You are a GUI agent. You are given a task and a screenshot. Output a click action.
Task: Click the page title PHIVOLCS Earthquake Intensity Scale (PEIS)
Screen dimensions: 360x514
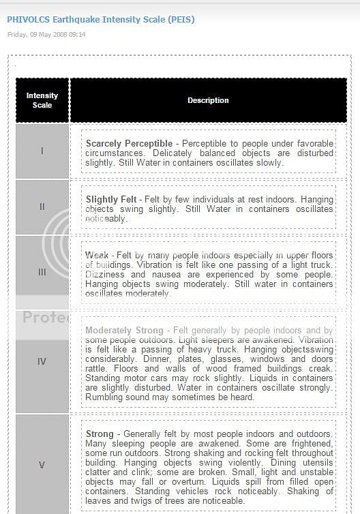(100, 20)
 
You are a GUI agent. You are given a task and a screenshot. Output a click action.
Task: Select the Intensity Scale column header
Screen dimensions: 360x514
(42, 100)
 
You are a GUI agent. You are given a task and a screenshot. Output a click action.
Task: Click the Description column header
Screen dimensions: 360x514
(208, 100)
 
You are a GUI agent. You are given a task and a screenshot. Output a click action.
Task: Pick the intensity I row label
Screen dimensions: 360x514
(42, 151)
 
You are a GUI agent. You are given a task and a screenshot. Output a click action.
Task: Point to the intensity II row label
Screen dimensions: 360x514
(42, 207)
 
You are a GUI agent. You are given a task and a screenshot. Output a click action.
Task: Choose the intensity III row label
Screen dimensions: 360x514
(42, 271)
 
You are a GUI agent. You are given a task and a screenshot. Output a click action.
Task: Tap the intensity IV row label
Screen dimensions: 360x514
(42, 361)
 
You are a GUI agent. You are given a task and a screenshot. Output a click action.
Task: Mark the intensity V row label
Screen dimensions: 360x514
(42, 465)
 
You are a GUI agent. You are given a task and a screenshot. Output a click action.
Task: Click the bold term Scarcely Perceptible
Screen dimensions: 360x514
(129, 144)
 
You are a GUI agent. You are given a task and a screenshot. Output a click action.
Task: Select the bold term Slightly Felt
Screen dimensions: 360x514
(111, 200)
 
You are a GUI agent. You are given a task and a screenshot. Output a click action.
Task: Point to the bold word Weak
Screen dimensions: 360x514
(97, 255)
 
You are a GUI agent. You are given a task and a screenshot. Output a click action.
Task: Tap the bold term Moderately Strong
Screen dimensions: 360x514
(124, 331)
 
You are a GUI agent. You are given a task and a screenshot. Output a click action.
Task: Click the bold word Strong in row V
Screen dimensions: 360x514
(100, 434)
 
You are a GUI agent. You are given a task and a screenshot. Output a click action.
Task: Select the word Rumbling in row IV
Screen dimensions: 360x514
(104, 397)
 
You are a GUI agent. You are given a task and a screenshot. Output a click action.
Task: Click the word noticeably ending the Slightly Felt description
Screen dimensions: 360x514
(106, 219)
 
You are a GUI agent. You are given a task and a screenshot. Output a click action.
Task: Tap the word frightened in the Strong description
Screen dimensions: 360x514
(310, 443)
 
